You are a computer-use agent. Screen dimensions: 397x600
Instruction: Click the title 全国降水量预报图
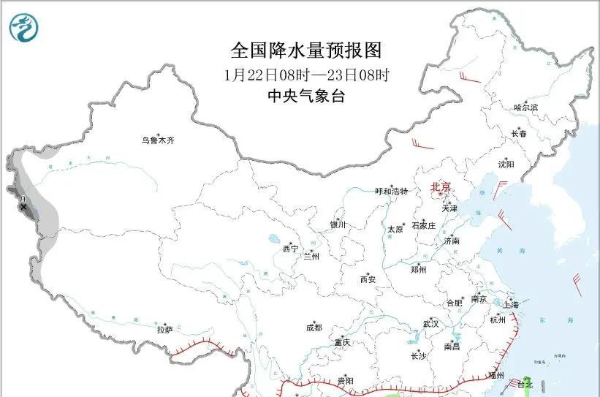point(306,50)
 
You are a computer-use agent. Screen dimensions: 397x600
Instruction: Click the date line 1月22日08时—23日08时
point(306,75)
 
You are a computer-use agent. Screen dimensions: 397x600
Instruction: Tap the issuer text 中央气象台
point(306,96)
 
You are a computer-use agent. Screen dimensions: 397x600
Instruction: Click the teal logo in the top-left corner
point(25,27)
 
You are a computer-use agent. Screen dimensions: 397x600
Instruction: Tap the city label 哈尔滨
point(525,107)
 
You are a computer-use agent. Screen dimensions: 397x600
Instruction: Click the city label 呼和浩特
point(391,192)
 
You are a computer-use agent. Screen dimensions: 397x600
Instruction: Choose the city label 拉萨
point(164,330)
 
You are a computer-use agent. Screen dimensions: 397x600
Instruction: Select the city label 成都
point(315,328)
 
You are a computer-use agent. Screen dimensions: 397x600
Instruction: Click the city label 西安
point(368,279)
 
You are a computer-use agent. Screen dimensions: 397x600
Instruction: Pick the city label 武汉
point(430,323)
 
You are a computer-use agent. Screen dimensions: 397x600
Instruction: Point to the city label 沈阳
point(506,165)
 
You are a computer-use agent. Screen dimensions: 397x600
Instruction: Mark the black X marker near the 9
point(23,207)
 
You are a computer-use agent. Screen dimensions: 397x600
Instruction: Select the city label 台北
point(525,384)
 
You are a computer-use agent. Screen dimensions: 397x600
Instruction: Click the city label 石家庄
point(424,225)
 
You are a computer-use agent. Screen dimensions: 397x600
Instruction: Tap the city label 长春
point(519,134)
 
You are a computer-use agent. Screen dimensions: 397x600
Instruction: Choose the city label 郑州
point(418,269)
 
